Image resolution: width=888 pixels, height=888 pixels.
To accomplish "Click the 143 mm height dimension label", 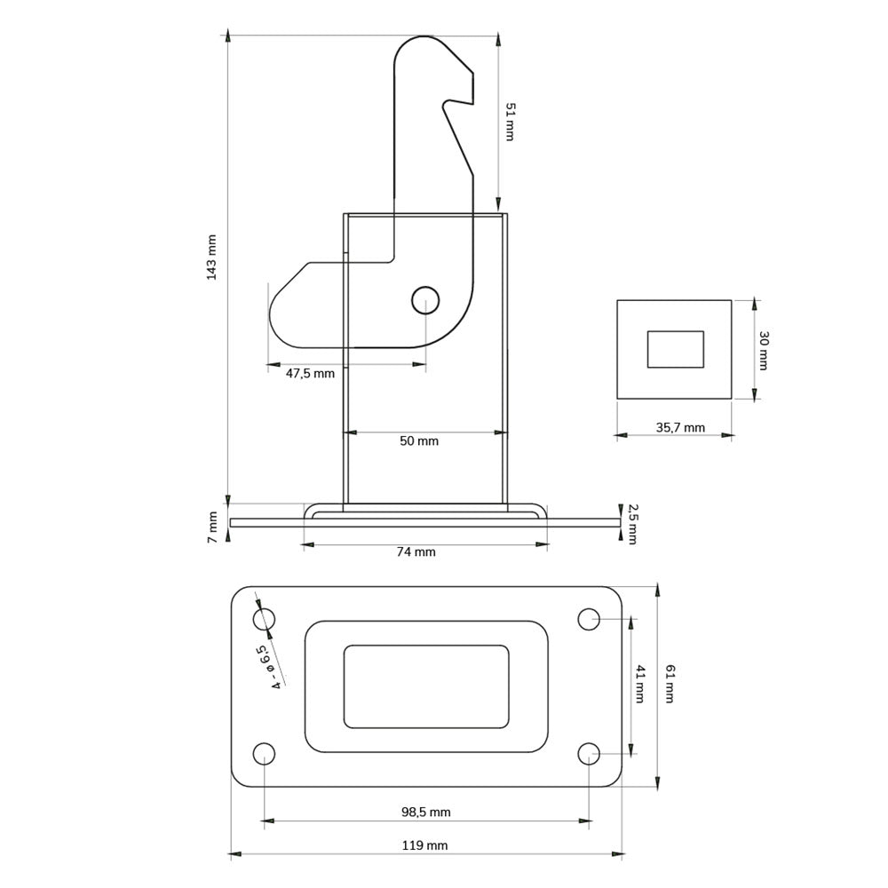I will point(211,258).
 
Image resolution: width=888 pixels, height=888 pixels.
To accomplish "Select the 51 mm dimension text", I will point(510,122).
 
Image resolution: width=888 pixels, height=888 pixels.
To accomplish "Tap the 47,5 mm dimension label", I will point(310,374).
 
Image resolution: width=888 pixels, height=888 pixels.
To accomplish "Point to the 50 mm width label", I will point(419,441).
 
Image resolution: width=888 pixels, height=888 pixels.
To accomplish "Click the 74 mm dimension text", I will point(416,552).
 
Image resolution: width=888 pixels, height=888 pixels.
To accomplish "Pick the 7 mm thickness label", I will point(212,527).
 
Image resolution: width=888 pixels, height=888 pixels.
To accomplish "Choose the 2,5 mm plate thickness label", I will point(632,524).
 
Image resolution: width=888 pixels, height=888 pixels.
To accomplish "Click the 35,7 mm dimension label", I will point(680,428).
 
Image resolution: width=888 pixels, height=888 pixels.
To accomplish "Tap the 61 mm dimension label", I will point(669,685).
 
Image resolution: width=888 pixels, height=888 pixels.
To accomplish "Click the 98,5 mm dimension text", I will point(426,812).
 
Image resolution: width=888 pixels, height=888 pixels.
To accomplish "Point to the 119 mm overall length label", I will point(425,845).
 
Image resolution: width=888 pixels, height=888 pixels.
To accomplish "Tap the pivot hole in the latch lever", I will point(425,300).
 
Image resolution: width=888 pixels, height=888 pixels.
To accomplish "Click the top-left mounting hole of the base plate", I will point(264,618).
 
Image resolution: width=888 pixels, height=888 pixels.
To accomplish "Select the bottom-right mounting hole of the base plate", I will point(589,754).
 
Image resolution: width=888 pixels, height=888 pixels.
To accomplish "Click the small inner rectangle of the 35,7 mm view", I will point(675,349).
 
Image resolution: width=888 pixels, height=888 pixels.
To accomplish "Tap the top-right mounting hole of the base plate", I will point(589,618).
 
